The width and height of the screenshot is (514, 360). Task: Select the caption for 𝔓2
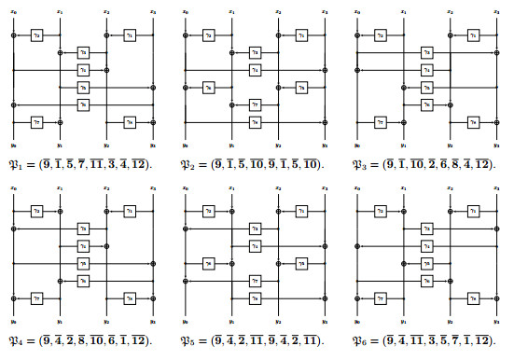click(252, 162)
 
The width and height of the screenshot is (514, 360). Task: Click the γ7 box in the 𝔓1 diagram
click(36, 121)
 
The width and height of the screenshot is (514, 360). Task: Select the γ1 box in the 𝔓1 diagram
click(130, 35)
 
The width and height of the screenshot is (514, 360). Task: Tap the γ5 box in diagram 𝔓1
click(83, 87)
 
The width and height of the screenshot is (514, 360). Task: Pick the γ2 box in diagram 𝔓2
click(209, 35)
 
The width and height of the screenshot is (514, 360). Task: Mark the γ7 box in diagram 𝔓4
click(36, 298)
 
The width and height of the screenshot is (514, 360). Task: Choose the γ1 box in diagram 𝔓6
click(473, 211)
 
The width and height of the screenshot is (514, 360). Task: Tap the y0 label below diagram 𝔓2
click(186, 145)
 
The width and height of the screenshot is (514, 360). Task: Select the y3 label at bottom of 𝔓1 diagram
click(153, 145)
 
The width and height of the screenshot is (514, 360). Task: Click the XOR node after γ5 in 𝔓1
click(153, 87)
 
